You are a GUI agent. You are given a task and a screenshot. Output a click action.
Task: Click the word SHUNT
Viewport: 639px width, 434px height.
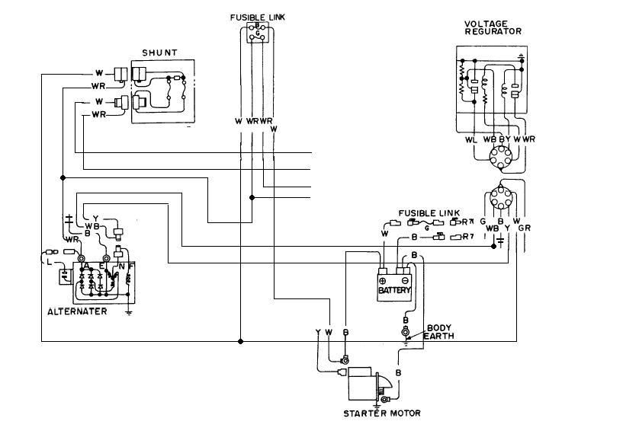coord(159,53)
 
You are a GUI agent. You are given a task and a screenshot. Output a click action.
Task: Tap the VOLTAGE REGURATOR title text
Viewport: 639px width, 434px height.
coord(493,27)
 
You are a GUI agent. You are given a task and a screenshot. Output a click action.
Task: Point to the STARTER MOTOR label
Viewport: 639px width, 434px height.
coord(382,413)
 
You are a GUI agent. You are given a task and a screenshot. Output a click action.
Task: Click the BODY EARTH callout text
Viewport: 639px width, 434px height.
coord(438,332)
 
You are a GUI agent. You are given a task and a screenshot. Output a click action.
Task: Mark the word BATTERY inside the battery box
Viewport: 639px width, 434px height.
coord(394,290)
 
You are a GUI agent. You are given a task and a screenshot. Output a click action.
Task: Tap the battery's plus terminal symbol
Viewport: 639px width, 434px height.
coord(383,280)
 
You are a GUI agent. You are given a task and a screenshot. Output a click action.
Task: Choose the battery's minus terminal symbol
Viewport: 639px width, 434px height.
coord(406,280)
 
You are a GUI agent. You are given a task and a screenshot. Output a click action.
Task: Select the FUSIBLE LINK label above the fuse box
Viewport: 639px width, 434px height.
coord(258,17)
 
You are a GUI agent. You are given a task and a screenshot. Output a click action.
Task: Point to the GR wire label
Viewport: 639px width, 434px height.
coord(524,228)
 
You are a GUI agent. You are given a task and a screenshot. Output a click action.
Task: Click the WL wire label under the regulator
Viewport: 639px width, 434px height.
coord(470,139)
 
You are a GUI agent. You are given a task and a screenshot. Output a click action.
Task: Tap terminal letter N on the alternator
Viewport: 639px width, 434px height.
coord(120,266)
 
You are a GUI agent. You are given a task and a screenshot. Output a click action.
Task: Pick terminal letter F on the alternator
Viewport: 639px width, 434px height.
coord(131,266)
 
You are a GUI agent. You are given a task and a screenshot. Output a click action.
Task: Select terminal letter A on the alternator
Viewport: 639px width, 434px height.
coord(88,266)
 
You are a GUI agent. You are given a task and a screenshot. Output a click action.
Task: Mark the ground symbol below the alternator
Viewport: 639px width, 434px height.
coord(130,311)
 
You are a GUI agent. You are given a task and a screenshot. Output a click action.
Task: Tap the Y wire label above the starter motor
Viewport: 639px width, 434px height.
coord(317,332)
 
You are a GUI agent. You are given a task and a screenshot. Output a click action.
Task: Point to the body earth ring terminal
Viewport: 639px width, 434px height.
coord(405,332)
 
